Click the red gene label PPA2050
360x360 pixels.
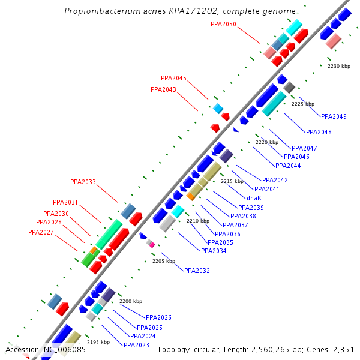point(223,25)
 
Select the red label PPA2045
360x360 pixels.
point(173,78)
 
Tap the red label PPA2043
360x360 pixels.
point(163,89)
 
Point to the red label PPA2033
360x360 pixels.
point(83,182)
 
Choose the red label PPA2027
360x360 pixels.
point(41,232)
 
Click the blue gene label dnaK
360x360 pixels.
point(254,197)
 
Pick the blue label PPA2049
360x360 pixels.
point(334,116)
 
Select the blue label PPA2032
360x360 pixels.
point(197,271)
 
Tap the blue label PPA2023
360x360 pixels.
point(136,345)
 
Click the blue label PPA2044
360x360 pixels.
point(288,166)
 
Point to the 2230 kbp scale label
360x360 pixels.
point(338,66)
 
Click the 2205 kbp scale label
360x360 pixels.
point(163,261)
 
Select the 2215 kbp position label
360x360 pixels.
point(232,181)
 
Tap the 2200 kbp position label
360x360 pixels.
point(131,301)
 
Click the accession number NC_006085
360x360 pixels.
point(64,349)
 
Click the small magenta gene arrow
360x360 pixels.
point(151,244)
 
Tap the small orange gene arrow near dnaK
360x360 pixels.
point(191,196)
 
